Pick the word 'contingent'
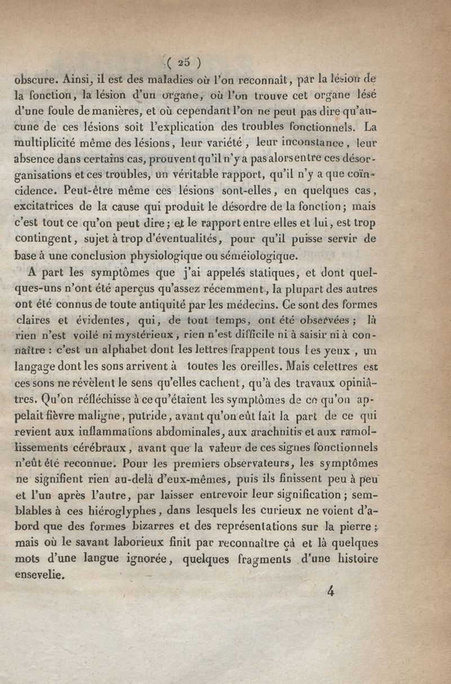pos(42,238)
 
